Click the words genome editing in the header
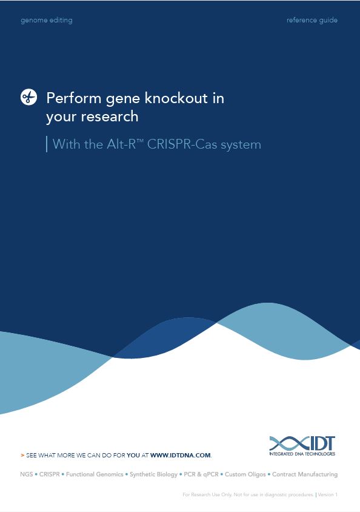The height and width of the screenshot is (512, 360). click(47, 20)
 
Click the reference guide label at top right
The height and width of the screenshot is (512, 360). click(312, 20)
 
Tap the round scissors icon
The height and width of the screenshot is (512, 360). click(28, 97)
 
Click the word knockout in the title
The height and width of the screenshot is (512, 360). click(176, 98)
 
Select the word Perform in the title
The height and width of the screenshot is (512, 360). click(74, 98)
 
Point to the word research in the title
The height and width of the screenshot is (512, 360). click(110, 116)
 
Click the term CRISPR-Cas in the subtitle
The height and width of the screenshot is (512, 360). click(182, 144)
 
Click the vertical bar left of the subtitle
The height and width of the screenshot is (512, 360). click(47, 144)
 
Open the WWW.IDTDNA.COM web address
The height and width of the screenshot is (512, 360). click(181, 455)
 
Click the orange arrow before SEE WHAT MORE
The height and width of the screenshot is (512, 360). click(22, 455)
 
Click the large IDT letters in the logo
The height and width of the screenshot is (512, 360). click(319, 443)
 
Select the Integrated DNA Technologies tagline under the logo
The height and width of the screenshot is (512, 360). click(302, 454)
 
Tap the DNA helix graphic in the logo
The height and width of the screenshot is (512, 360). click(287, 443)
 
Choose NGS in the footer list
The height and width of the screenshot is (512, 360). click(27, 474)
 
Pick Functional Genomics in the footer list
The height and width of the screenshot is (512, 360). click(95, 474)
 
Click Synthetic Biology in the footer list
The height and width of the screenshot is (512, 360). click(153, 474)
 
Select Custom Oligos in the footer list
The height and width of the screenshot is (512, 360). click(245, 474)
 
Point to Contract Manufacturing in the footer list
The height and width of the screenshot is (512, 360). click(305, 474)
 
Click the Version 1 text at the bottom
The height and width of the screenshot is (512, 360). click(328, 494)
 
